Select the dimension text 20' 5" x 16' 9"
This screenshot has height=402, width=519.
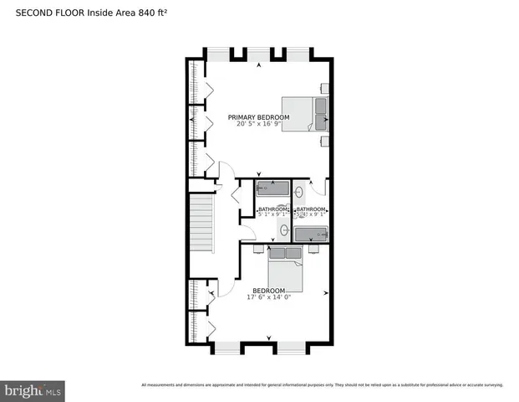(x=260, y=124)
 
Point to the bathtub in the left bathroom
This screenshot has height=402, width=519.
(x=272, y=188)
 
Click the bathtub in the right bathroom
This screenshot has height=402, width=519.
(x=308, y=234)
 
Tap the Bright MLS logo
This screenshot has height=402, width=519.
(x=33, y=390)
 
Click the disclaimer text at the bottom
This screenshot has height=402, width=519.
(x=323, y=385)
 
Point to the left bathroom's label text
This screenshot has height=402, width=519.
(x=272, y=209)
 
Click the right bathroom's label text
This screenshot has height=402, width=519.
(x=310, y=209)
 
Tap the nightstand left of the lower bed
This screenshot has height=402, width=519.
(x=257, y=249)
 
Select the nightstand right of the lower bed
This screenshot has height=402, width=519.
(x=314, y=249)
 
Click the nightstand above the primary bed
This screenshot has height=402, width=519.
(x=324, y=86)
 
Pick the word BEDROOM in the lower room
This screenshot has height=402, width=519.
(x=263, y=291)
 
